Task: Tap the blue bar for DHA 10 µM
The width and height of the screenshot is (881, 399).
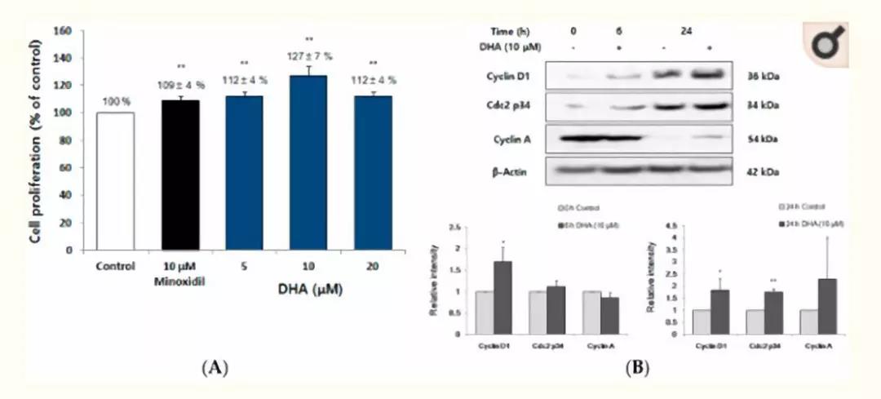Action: tap(309, 162)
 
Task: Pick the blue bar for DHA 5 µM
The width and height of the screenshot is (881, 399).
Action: tap(246, 172)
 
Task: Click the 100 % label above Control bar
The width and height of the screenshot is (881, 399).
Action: tap(115, 101)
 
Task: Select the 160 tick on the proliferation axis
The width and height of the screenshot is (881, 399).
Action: tap(65, 31)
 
